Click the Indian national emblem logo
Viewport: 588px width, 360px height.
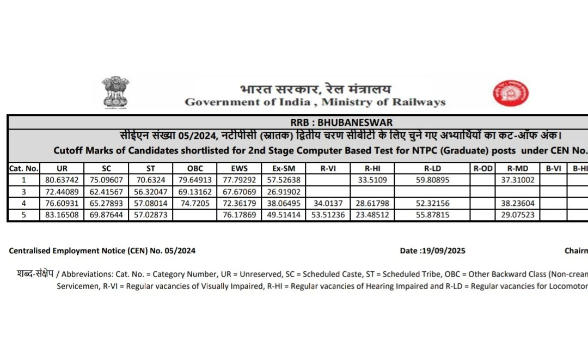click(x=115, y=93)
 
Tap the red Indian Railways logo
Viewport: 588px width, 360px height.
click(x=511, y=93)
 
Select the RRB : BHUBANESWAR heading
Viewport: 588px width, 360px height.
click(x=341, y=123)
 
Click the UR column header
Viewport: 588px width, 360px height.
click(x=62, y=169)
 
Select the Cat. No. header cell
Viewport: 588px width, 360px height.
click(x=24, y=169)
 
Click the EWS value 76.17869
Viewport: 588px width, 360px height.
click(x=239, y=216)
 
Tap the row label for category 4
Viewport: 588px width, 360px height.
click(x=24, y=204)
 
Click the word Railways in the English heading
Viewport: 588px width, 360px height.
click(x=418, y=102)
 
